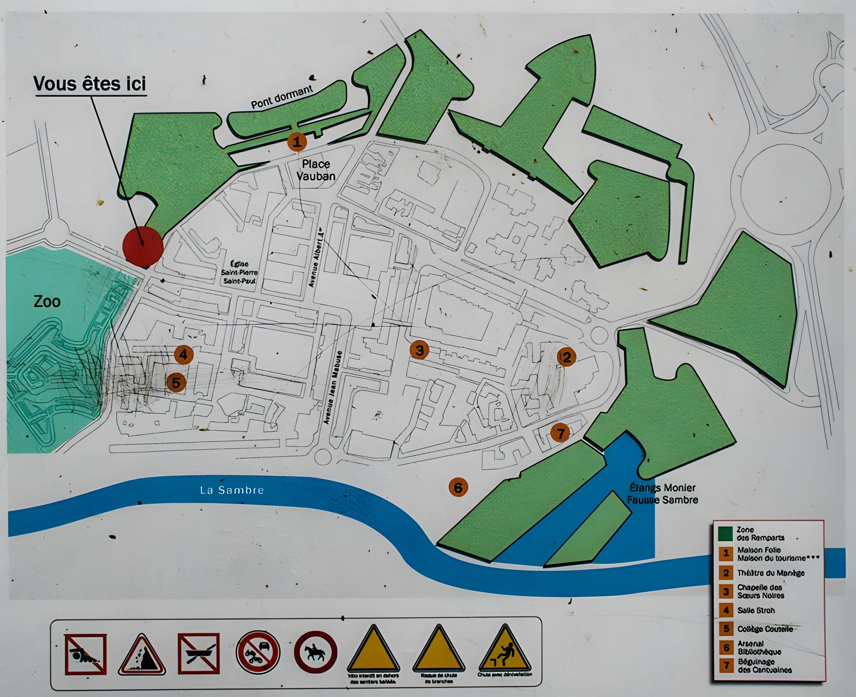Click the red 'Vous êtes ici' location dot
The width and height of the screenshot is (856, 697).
click(143, 246)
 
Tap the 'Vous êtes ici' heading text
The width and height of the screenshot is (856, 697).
click(90, 84)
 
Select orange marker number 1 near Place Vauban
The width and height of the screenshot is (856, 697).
click(296, 142)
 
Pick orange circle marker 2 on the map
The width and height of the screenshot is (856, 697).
click(566, 357)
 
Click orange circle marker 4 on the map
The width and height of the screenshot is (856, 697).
click(184, 355)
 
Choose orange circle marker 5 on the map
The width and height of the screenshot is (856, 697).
click(176, 383)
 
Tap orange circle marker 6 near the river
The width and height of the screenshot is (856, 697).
click(458, 487)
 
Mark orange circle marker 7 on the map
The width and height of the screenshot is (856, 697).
click(560, 433)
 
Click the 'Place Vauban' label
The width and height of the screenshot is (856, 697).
click(316, 170)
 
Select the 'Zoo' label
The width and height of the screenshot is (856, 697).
click(47, 301)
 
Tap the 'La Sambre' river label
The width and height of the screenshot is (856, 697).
click(231, 490)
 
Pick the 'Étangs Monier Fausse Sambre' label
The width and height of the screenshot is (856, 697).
click(663, 494)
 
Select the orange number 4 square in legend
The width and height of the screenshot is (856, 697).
click(726, 610)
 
